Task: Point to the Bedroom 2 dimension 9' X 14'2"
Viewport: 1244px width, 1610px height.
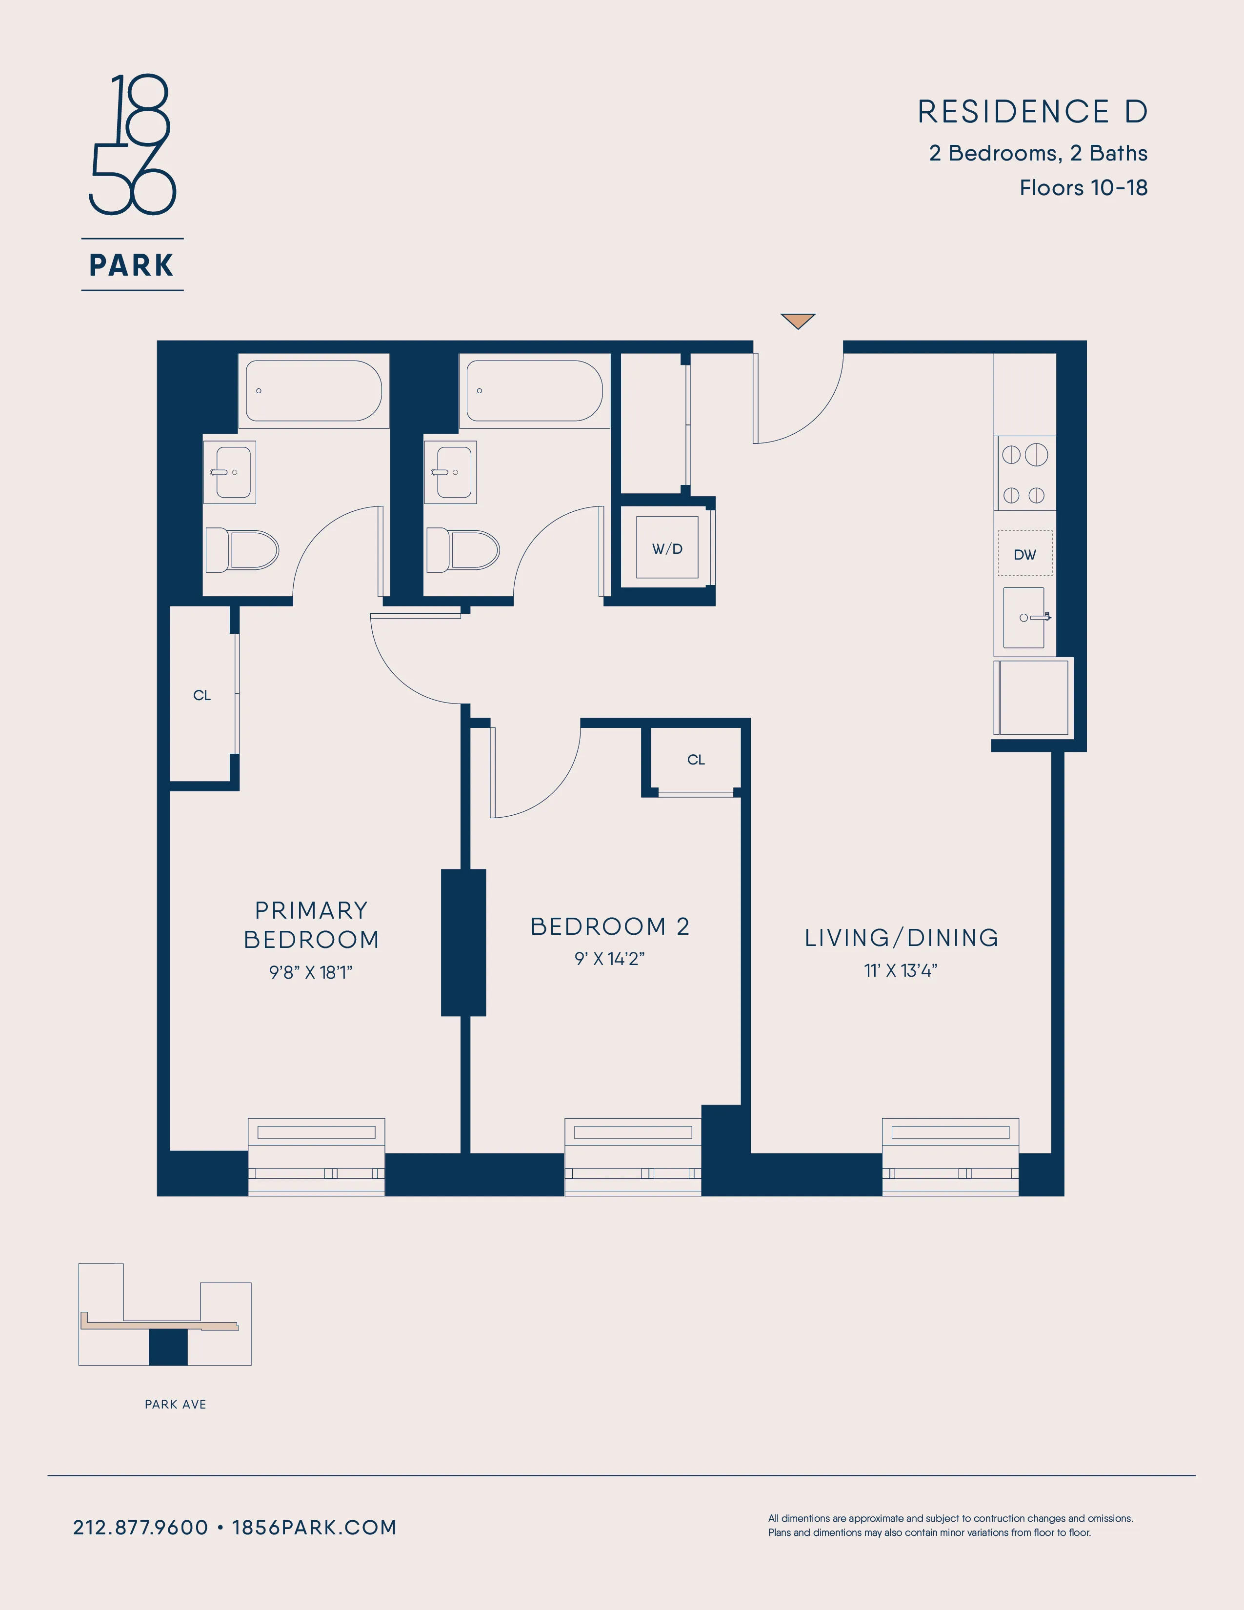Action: point(609,958)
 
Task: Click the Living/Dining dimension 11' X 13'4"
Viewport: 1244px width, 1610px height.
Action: point(901,970)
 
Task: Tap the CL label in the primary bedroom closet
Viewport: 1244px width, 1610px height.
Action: point(202,695)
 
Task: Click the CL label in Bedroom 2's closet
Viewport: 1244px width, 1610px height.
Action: point(696,759)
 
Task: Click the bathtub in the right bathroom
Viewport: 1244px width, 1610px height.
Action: point(534,391)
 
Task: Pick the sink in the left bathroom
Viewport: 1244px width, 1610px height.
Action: point(230,472)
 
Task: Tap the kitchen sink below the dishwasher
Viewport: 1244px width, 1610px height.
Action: point(1023,618)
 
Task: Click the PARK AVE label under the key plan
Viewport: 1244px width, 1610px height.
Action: point(176,1404)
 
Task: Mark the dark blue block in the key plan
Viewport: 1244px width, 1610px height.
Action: point(168,1348)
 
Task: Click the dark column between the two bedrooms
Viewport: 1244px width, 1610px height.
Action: point(463,942)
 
